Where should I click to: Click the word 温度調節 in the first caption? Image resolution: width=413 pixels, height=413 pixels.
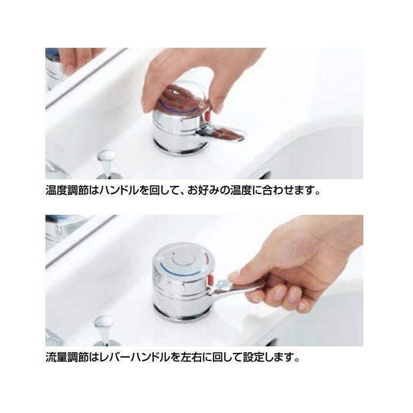tap(64, 192)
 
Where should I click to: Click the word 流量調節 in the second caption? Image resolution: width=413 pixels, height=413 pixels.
tap(64, 357)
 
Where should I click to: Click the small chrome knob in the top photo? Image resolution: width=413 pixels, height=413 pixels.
tap(105, 159)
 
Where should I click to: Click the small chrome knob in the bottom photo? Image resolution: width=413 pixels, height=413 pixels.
tap(104, 324)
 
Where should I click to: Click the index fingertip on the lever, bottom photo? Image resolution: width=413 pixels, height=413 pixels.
tap(235, 275)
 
